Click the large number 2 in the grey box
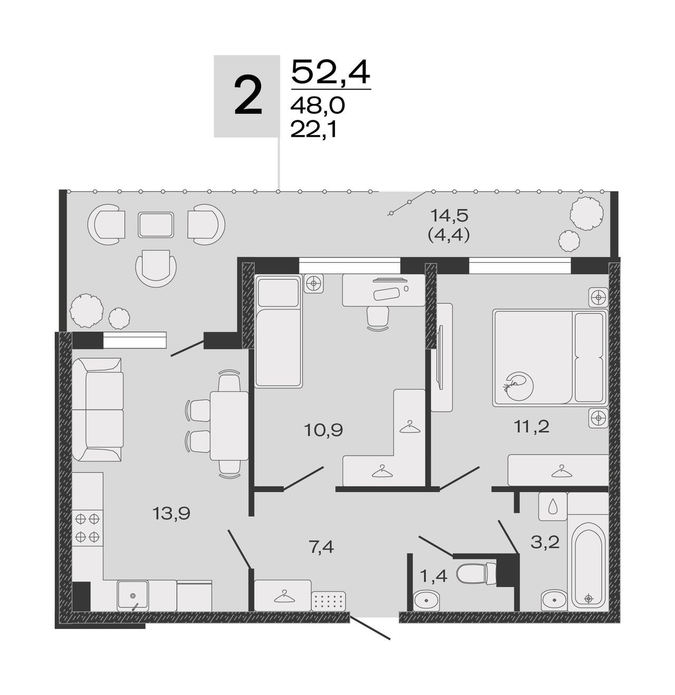248,97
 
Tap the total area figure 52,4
331,72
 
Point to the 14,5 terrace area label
449,215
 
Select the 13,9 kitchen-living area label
171,513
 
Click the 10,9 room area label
323,430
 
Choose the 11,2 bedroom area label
531,426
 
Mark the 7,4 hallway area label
322,547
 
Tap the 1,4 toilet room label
433,576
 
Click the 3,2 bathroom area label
545,542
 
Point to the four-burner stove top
88,528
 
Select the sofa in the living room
98,410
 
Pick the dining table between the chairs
229,426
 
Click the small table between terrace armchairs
156,225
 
